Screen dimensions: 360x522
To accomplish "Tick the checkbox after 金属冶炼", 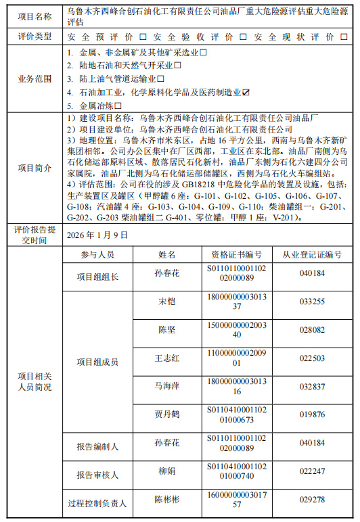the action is (x=118, y=105).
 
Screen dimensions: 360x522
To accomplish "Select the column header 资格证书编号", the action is (x=236, y=255).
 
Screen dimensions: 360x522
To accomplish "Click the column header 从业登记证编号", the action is (x=312, y=255).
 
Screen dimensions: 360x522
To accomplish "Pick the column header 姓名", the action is (x=167, y=255).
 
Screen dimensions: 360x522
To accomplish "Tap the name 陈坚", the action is (x=167, y=330).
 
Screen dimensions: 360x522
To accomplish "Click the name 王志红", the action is (x=167, y=358).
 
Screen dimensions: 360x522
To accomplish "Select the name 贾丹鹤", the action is (x=167, y=414).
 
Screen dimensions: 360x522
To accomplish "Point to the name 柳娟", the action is (x=167, y=471).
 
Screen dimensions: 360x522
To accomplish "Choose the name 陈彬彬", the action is (x=167, y=500).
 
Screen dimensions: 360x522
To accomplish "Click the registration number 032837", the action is (x=312, y=386).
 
